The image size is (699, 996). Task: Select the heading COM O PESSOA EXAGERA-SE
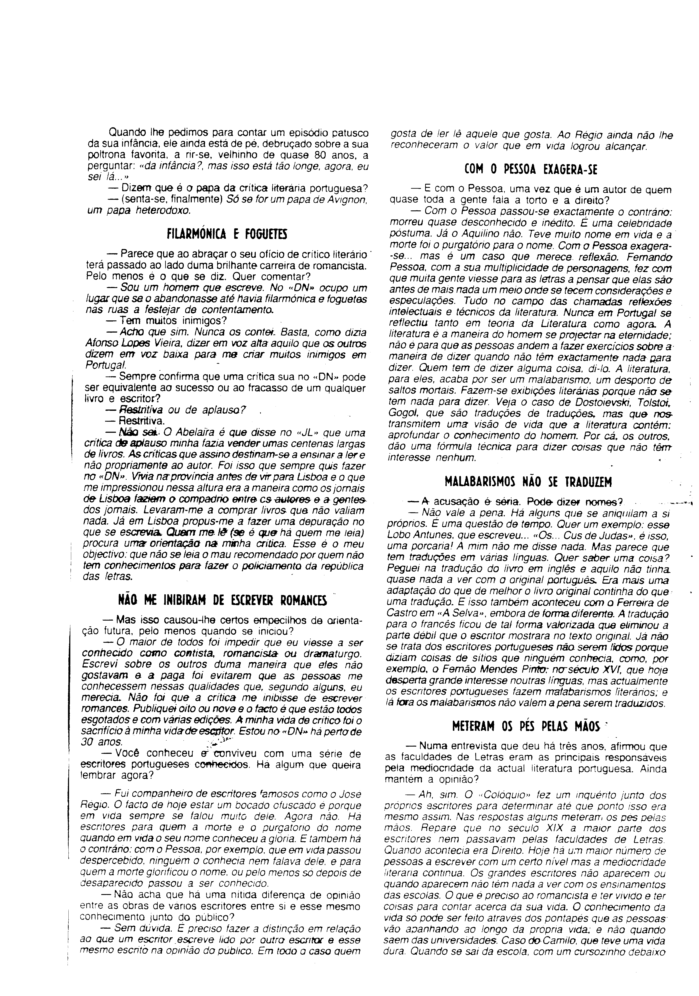click(530, 170)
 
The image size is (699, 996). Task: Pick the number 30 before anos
click(87, 742)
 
